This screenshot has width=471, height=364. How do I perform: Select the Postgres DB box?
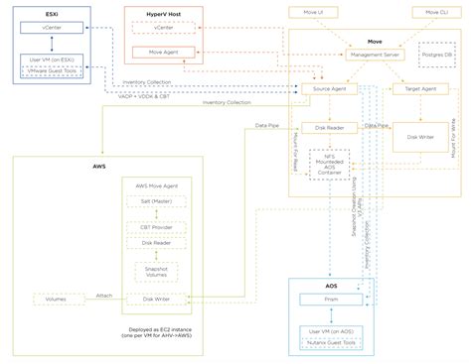436,55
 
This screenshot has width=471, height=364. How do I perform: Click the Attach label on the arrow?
104,295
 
